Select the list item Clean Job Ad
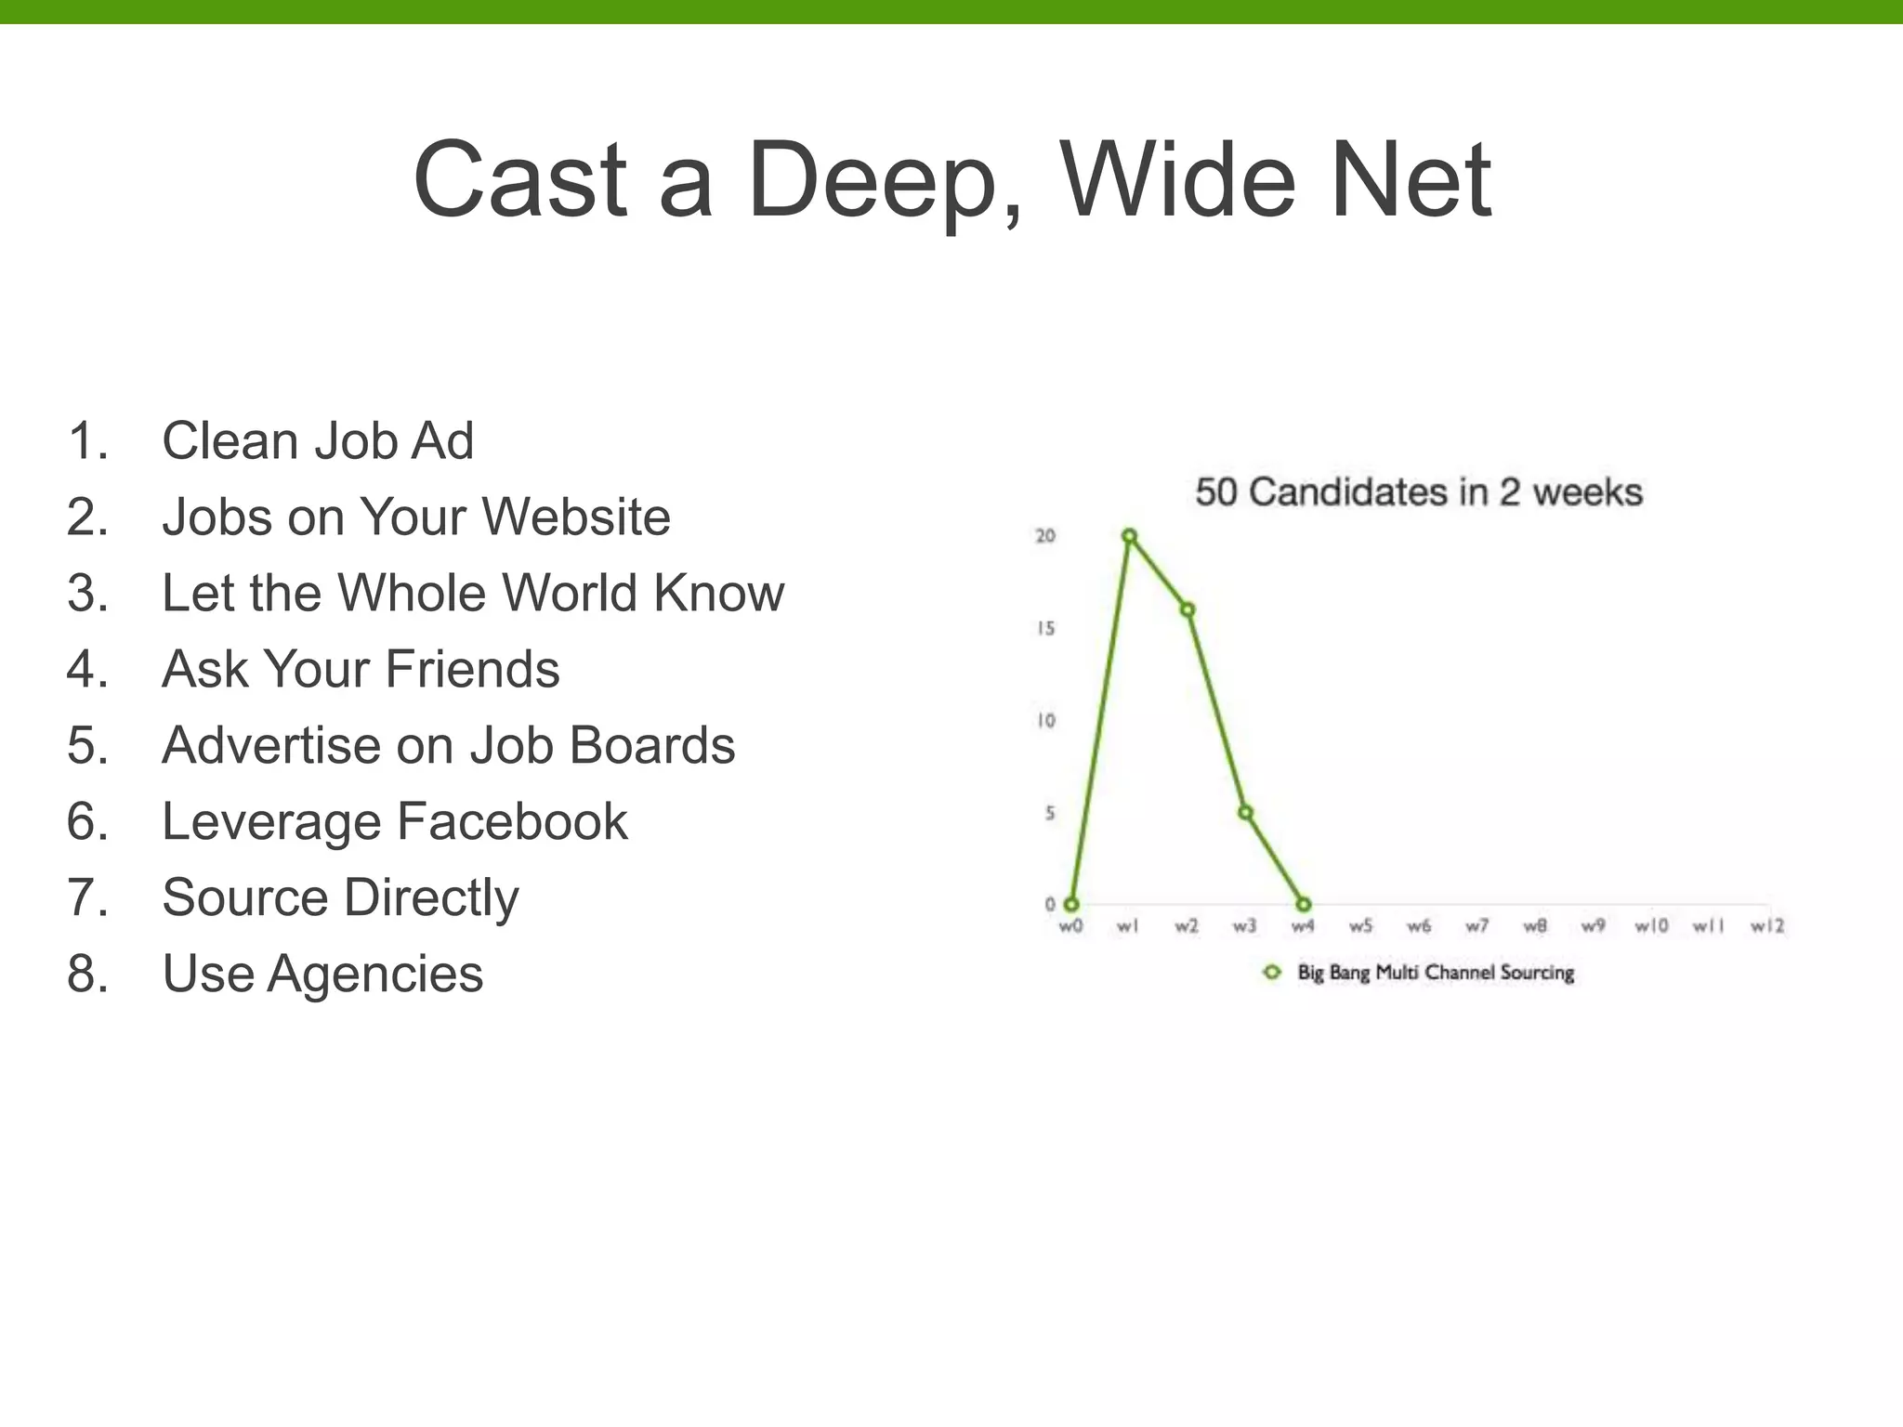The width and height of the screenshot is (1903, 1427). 317,440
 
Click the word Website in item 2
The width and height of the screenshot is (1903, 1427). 575,517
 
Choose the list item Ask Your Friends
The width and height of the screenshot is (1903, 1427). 361,669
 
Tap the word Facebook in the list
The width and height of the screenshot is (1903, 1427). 512,821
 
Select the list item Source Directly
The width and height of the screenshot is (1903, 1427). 340,897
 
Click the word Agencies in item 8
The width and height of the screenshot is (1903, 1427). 375,974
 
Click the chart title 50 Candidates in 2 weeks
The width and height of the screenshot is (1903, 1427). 1418,492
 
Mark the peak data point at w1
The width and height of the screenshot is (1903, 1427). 1129,536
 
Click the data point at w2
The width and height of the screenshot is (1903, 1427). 1188,609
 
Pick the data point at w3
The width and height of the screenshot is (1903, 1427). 1245,813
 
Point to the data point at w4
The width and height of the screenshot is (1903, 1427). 1303,904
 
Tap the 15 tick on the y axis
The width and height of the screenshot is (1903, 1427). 1046,629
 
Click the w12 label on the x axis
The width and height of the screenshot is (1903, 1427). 1766,926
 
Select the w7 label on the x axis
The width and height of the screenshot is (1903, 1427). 1476,926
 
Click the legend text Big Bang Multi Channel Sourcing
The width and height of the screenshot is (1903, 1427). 1436,973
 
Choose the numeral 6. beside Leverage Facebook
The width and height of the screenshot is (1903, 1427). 87,821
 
